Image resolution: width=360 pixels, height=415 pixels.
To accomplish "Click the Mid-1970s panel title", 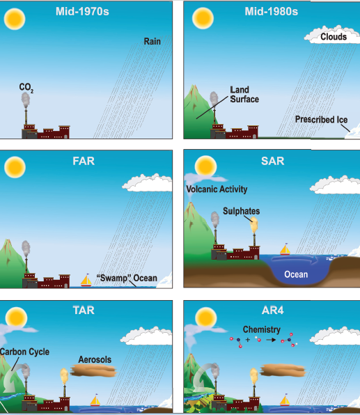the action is pyautogui.click(x=82, y=12).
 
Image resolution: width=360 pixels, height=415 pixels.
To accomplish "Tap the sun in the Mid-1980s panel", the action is pyautogui.click(x=203, y=18).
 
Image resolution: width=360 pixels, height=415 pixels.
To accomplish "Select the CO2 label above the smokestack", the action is pyautogui.click(x=26, y=88).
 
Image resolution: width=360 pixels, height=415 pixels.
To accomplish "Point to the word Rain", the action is pyautogui.click(x=152, y=41).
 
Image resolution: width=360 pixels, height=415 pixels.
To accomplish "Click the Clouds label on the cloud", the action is pyautogui.click(x=334, y=36).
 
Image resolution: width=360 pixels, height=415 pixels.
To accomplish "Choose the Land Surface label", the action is pyautogui.click(x=244, y=95).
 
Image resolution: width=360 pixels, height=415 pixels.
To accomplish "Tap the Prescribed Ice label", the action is pyautogui.click(x=321, y=120).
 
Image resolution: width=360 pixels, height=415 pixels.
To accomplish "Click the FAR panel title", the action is pyautogui.click(x=84, y=161).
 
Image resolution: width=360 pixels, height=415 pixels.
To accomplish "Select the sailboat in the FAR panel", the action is pyautogui.click(x=86, y=280).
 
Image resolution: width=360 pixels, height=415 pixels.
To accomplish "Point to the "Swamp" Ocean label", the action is pyautogui.click(x=127, y=278).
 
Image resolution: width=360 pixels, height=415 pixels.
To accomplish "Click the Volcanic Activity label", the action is pyautogui.click(x=217, y=189).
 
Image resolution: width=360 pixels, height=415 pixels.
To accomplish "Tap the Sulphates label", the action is pyautogui.click(x=241, y=211).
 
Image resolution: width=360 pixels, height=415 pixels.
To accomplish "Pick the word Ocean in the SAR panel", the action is pyautogui.click(x=296, y=274).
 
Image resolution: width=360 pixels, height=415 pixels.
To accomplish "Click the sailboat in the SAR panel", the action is pyautogui.click(x=285, y=249).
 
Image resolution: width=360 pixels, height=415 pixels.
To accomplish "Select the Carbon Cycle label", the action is pyautogui.click(x=24, y=352).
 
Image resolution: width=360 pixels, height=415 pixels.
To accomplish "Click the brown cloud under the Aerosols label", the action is pyautogui.click(x=94, y=370).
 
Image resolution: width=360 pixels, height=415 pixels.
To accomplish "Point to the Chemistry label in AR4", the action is pyautogui.click(x=262, y=329).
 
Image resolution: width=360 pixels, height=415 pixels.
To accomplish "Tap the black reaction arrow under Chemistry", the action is pyautogui.click(x=271, y=340).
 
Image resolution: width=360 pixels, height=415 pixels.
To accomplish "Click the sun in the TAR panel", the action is pyautogui.click(x=16, y=318).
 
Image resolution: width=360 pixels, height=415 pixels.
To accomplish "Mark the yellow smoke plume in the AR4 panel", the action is pyautogui.click(x=254, y=376).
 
